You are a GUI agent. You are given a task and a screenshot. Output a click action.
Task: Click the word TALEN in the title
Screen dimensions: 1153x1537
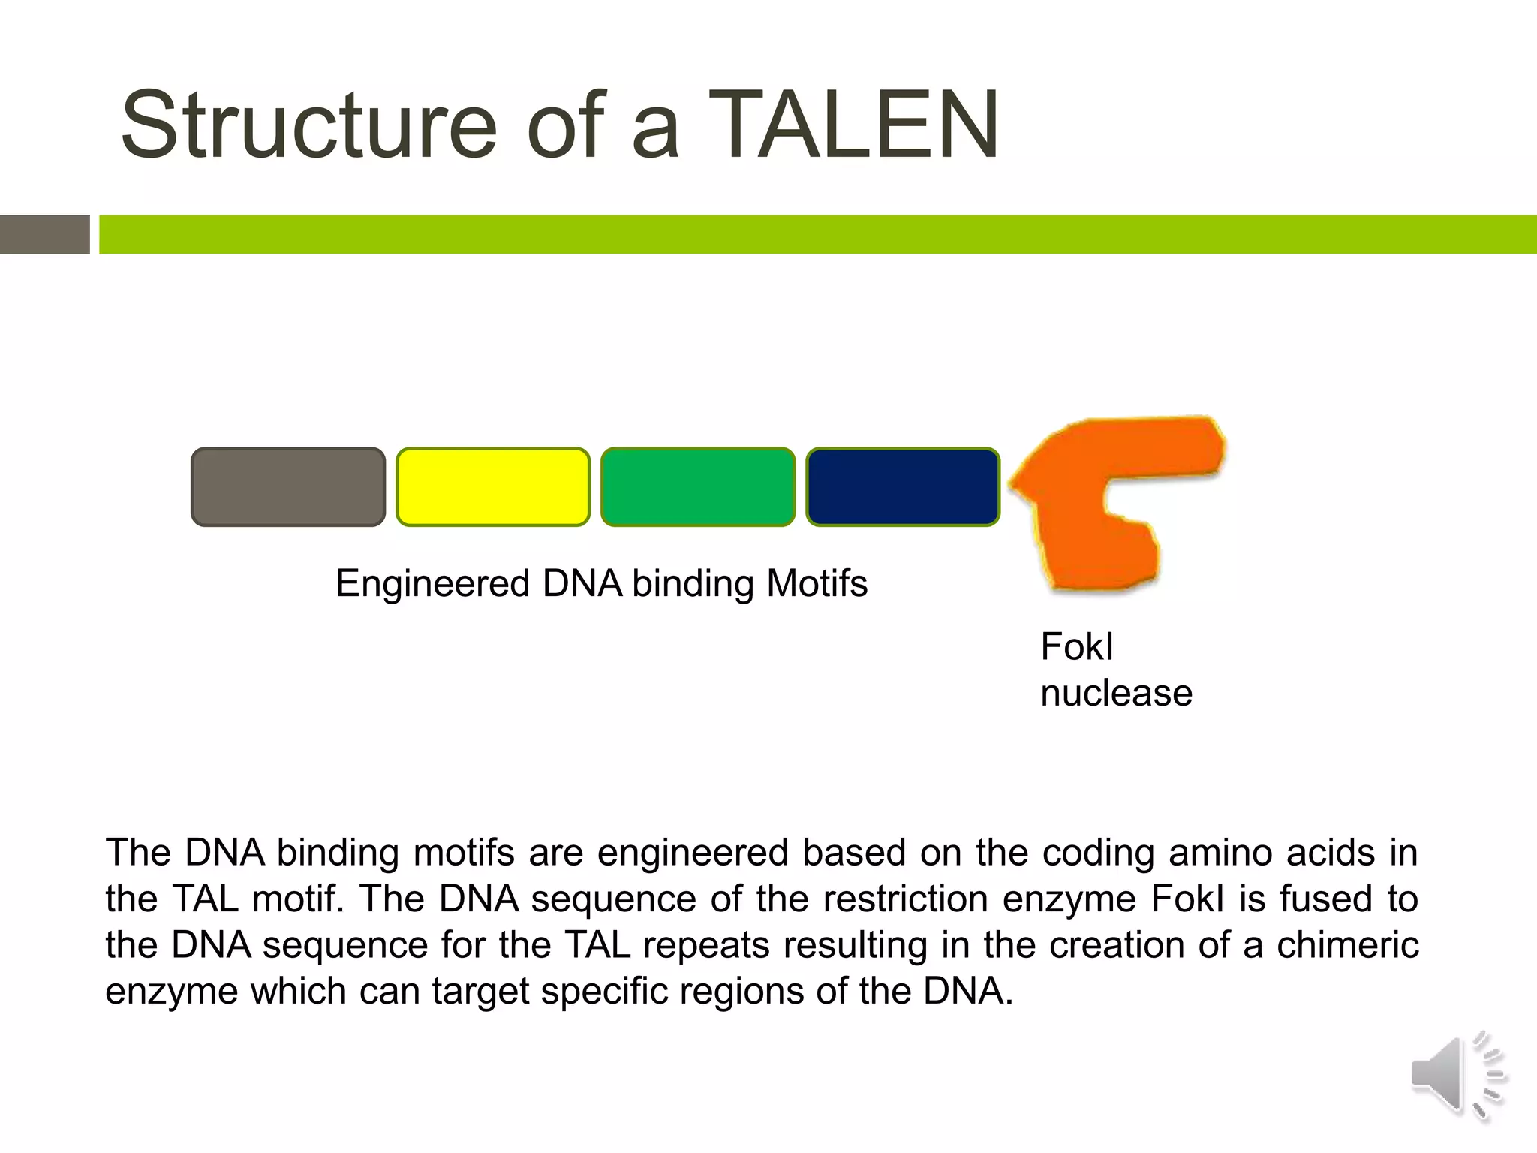click(853, 125)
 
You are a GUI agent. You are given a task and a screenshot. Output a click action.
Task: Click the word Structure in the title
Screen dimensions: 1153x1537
click(308, 125)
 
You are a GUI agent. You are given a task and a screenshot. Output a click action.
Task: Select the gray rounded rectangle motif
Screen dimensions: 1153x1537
click(288, 486)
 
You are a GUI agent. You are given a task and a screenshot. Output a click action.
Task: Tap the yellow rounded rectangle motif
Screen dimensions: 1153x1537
click(493, 486)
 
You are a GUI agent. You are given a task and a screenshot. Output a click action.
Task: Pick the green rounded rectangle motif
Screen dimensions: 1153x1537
click(698, 486)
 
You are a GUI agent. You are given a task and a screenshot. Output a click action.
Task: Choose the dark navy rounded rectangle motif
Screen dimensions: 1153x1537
click(903, 486)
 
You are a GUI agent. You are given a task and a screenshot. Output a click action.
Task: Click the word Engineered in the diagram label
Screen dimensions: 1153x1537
click(433, 584)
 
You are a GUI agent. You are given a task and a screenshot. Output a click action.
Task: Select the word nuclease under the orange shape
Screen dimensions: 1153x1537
click(1116, 692)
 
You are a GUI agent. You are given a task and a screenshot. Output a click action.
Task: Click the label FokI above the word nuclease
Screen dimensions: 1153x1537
click(1076, 647)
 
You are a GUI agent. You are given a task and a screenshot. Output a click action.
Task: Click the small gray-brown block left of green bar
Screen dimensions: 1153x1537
click(44, 234)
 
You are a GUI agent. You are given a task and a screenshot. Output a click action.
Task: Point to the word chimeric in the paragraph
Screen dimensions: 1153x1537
click(1347, 945)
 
